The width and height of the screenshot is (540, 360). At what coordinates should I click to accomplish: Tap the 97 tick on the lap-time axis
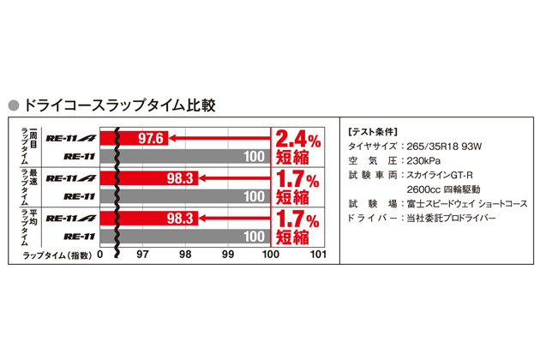pyautogui.click(x=142, y=255)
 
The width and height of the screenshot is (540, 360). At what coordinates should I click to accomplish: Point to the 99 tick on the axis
pyautogui.click(x=228, y=255)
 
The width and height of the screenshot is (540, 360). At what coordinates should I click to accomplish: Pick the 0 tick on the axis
pyautogui.click(x=100, y=255)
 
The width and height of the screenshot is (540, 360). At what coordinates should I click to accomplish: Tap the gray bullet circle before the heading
pyautogui.click(x=13, y=106)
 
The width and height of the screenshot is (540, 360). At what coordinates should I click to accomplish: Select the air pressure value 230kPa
pyautogui.click(x=422, y=160)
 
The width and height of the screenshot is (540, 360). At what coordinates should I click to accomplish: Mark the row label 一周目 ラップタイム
pyautogui.click(x=25, y=146)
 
